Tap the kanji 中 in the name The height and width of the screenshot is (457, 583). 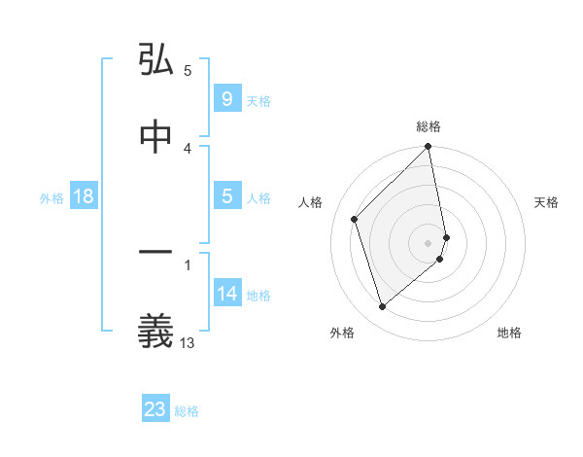click(155, 137)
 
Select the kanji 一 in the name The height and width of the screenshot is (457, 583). click(155, 254)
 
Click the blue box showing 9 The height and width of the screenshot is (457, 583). click(226, 98)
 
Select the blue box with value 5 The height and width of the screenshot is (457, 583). click(226, 196)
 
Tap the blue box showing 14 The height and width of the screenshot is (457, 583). click(227, 294)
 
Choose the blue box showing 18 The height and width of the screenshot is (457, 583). click(84, 196)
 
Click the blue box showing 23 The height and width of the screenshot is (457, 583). click(155, 409)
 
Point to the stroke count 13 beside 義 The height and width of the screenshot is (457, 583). click(188, 341)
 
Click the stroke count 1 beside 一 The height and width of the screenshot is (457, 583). click(188, 264)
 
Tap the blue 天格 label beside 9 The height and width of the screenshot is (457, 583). click(258, 100)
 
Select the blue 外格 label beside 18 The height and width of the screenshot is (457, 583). click(51, 197)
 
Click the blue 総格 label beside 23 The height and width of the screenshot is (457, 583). click(187, 411)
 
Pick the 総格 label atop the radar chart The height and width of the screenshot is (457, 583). click(429, 126)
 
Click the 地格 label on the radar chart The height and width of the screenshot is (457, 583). click(509, 333)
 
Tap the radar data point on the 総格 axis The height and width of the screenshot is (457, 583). click(429, 148)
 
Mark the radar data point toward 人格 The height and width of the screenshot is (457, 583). click(355, 219)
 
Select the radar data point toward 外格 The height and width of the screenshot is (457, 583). click(383, 307)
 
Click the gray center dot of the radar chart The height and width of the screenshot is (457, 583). click(429, 242)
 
